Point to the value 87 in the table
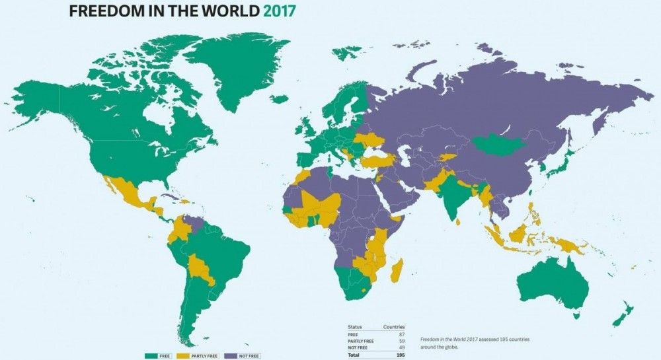[401, 334]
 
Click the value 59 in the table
[401, 340]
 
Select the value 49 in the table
[401, 347]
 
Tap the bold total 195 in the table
[400, 354]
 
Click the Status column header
[355, 327]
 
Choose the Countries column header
[394, 327]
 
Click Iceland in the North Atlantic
[280, 99]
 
